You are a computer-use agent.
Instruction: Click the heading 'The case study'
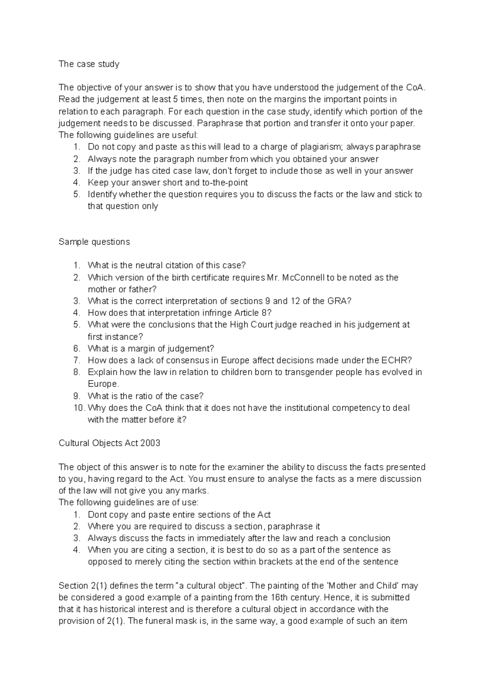coord(89,64)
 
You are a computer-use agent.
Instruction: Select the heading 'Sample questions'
coord(94,242)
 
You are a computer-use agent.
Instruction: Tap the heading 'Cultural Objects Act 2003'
coord(109,443)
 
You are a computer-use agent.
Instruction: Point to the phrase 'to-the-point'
coord(222,182)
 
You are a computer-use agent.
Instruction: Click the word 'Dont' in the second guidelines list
coord(97,515)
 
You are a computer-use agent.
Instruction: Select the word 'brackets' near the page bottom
coord(286,562)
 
